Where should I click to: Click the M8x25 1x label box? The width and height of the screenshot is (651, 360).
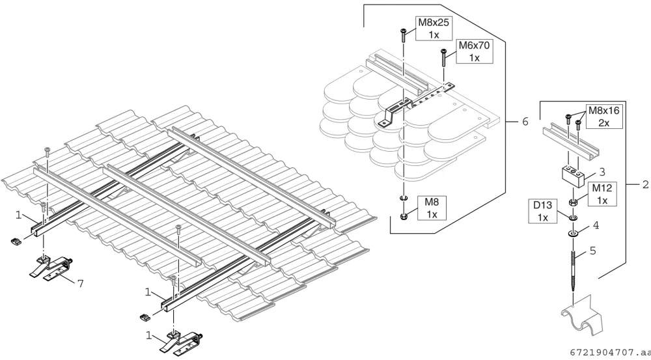[434, 29]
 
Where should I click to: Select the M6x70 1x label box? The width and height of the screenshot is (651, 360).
[474, 51]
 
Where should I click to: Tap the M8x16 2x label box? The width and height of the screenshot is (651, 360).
[603, 117]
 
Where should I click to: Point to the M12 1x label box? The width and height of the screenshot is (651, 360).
[602, 194]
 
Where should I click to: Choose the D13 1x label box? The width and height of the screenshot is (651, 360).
[543, 211]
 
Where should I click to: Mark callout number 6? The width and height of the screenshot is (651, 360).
[525, 122]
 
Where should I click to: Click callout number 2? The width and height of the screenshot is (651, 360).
[645, 184]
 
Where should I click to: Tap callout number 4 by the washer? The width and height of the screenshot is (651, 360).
[596, 225]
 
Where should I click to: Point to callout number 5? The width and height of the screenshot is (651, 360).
[592, 251]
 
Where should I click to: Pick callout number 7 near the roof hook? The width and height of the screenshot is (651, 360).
[81, 284]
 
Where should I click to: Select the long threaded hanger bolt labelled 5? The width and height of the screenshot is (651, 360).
[573, 268]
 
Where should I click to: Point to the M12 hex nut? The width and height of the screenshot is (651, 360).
[574, 202]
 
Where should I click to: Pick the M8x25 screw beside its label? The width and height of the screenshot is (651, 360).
[403, 36]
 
